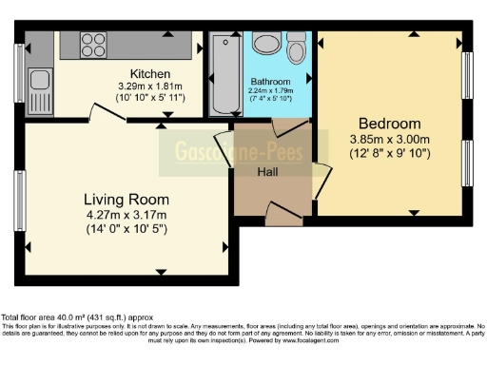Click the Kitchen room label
tap(150, 73)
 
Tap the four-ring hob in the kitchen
tap(92, 44)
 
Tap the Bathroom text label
tap(270, 82)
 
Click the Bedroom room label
tap(389, 124)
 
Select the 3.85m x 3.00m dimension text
tap(389, 140)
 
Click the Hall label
tap(267, 171)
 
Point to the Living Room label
tap(127, 200)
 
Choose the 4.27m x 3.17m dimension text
tap(127, 215)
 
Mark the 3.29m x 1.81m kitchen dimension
tap(150, 87)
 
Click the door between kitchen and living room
tap(107, 113)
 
